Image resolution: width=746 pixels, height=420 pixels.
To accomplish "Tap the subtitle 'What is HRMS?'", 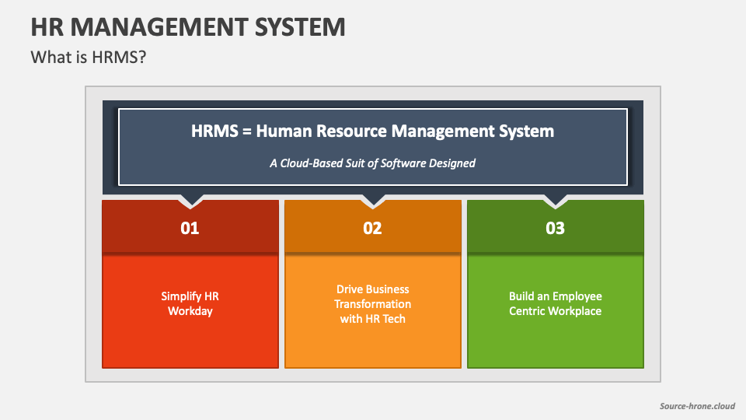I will pyautogui.click(x=88, y=58).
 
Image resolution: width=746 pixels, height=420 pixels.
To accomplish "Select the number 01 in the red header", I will pyautogui.click(x=190, y=229).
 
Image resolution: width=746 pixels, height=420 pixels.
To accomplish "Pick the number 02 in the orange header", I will pyautogui.click(x=373, y=229).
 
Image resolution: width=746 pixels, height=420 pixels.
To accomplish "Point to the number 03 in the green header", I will pyautogui.click(x=555, y=229).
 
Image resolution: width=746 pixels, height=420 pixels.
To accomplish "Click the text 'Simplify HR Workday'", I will pyautogui.click(x=190, y=303).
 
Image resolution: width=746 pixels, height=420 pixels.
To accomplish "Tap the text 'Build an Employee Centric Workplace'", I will pyautogui.click(x=555, y=303).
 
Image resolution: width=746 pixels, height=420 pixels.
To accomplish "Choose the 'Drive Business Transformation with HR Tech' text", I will pyautogui.click(x=373, y=303).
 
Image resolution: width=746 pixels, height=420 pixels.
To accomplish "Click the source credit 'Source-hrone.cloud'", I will pyautogui.click(x=696, y=406).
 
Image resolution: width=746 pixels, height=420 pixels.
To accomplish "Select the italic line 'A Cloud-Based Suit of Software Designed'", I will pyautogui.click(x=372, y=163).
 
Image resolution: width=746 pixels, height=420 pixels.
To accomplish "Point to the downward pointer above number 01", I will pyautogui.click(x=190, y=201).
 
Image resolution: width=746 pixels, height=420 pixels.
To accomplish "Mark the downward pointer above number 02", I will pyautogui.click(x=373, y=201).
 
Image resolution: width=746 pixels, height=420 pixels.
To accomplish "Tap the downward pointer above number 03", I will pyautogui.click(x=555, y=201).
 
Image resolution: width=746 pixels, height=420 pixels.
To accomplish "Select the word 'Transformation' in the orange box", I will pyautogui.click(x=374, y=303).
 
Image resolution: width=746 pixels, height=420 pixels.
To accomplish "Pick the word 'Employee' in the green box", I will pyautogui.click(x=575, y=296).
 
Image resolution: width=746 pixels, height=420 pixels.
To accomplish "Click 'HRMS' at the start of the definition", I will pyautogui.click(x=211, y=131).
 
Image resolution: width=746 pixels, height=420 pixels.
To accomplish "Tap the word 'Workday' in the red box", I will pyautogui.click(x=190, y=311).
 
